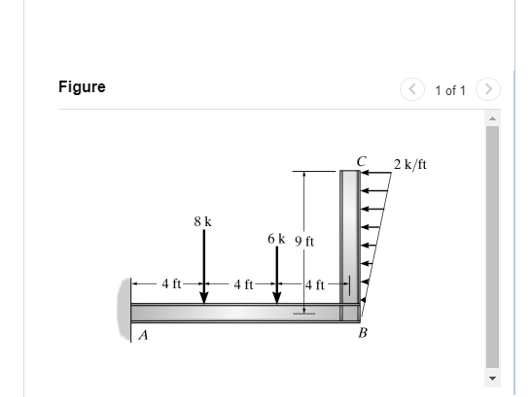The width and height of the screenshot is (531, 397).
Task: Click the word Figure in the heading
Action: pyautogui.click(x=82, y=87)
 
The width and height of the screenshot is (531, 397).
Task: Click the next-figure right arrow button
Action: pyautogui.click(x=489, y=89)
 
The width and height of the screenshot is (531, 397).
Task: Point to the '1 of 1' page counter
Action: pyautogui.click(x=450, y=90)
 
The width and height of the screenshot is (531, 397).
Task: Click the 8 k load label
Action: pyautogui.click(x=202, y=221)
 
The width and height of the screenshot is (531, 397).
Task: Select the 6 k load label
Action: pyautogui.click(x=276, y=238)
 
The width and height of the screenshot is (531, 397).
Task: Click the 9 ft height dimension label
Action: pyautogui.click(x=303, y=241)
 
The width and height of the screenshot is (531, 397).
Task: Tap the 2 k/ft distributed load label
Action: pyautogui.click(x=409, y=164)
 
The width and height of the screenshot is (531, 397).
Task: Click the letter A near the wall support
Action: pyautogui.click(x=143, y=337)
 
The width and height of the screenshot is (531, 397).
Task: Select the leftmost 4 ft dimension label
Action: pyautogui.click(x=171, y=283)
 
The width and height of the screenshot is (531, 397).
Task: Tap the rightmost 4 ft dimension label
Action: pyautogui.click(x=315, y=284)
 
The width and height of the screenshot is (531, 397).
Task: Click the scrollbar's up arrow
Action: pyautogui.click(x=492, y=118)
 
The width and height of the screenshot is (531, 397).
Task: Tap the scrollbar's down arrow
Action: pyautogui.click(x=492, y=378)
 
